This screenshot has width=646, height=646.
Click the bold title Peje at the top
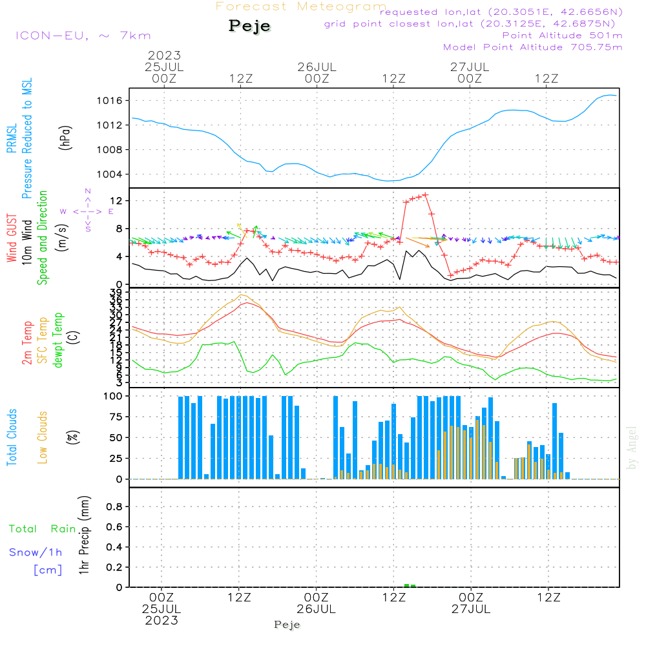pos(249,26)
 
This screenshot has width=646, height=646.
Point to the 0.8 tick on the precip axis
pos(115,507)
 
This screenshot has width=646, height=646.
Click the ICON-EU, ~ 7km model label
pos(83,36)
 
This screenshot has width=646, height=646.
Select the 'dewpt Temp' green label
pos(58,340)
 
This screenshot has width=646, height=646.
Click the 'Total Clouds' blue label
pos(12,437)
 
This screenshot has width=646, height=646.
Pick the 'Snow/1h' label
pos(36,553)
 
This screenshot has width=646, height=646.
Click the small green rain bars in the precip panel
pos(410,585)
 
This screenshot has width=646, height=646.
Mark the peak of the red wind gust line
pos(425,194)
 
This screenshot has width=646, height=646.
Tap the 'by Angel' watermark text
pos(632,446)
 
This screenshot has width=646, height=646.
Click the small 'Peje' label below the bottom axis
pos(287,625)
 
